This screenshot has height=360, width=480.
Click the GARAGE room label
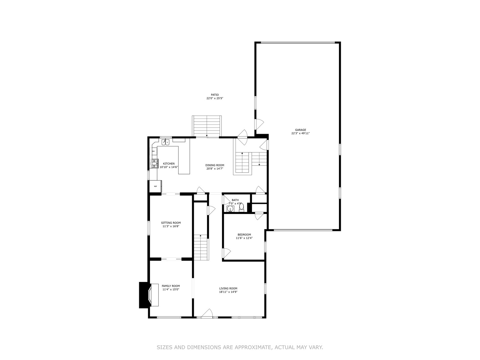301,130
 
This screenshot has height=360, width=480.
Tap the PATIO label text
215,95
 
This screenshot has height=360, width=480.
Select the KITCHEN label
169,163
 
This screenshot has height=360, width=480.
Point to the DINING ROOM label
215,165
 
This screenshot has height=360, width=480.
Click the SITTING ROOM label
171,223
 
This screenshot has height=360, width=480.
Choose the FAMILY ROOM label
171,286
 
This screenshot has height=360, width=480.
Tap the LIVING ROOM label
228,288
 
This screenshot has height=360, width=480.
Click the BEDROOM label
244,235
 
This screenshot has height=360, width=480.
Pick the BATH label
235,200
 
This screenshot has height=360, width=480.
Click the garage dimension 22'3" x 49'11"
301,133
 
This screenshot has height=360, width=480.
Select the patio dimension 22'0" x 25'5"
215,98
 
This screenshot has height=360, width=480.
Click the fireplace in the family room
149,295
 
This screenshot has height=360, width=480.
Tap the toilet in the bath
241,207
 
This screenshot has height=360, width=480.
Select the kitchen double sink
165,142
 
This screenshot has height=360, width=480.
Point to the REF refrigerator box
155,186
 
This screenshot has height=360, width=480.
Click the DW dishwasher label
153,151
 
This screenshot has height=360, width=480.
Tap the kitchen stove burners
154,164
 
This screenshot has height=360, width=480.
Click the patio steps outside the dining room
207,126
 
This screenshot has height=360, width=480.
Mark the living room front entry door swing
207,313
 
